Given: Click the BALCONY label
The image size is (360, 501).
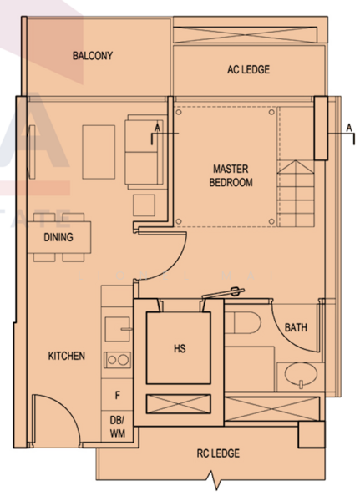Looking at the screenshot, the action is click(x=93, y=56).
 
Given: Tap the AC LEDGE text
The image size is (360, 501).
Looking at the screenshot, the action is click(x=248, y=69).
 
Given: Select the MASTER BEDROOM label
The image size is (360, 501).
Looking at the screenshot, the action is click(x=231, y=175).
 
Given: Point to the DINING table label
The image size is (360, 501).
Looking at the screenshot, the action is click(x=58, y=237).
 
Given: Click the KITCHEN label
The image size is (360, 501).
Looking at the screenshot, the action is click(x=67, y=356).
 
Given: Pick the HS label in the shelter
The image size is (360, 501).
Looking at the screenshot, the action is click(x=180, y=348).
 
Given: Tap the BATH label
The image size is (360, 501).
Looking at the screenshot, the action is click(x=296, y=327).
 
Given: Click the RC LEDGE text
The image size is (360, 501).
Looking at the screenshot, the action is click(x=218, y=453).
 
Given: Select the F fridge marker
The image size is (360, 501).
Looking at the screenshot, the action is click(x=117, y=396).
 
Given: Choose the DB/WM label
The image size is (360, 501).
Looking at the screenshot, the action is click(x=117, y=427).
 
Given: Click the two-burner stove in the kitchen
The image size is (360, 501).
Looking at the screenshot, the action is click(x=117, y=360).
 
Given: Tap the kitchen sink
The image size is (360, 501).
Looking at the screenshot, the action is click(x=118, y=329).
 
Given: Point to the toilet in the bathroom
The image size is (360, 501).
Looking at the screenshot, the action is click(x=243, y=322).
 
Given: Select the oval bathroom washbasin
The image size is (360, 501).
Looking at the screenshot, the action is click(x=301, y=374).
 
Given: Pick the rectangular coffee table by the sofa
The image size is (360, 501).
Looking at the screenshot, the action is click(x=99, y=152).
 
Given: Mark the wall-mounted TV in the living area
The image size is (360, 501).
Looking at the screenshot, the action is click(x=32, y=152).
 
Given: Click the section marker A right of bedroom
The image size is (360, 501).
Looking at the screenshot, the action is click(x=349, y=128).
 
